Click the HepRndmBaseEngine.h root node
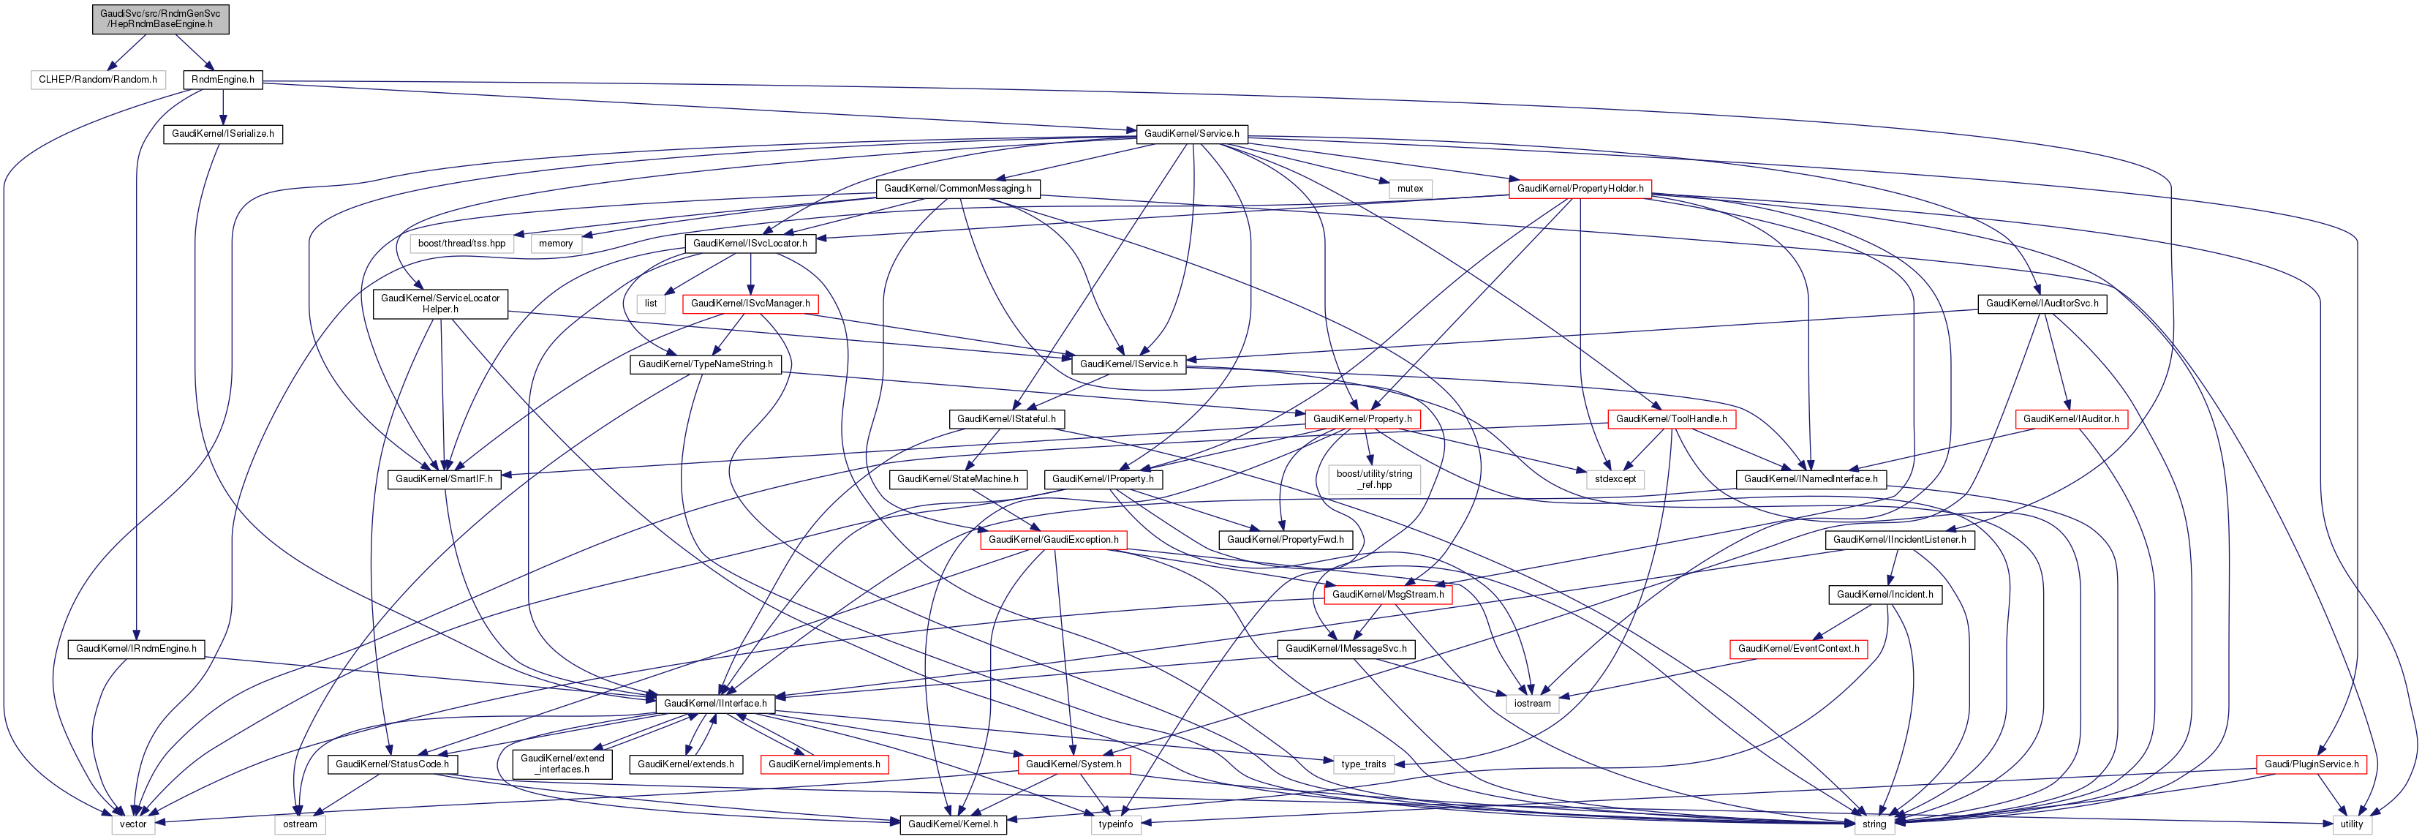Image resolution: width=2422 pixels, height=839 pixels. pyautogui.click(x=161, y=19)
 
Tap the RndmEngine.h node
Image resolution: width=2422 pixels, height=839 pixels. pyautogui.click(x=223, y=80)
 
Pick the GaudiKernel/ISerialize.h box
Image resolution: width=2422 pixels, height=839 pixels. pyautogui.click(x=223, y=135)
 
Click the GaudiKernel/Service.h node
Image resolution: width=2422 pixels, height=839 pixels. pyautogui.click(x=1191, y=135)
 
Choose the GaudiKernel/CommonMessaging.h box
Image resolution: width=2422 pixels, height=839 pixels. pyautogui.click(x=957, y=189)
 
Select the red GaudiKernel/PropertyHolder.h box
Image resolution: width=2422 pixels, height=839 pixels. pyautogui.click(x=1580, y=189)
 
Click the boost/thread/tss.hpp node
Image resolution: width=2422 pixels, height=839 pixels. pyautogui.click(x=461, y=244)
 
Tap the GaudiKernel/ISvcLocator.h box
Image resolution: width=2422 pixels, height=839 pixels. pyautogui.click(x=750, y=244)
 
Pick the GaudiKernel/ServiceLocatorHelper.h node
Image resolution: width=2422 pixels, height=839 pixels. pyautogui.click(x=440, y=304)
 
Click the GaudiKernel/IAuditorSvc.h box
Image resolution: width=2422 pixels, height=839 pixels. pyautogui.click(x=2042, y=304)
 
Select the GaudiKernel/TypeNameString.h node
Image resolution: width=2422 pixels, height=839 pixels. pyautogui.click(x=705, y=364)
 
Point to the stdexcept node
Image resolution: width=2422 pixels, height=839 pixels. pyautogui.click(x=1615, y=480)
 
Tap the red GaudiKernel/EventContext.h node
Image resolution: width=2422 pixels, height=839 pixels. pyautogui.click(x=1797, y=649)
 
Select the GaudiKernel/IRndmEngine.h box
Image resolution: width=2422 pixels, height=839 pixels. pyautogui.click(x=136, y=649)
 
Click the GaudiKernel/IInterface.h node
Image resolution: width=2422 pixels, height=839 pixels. pyautogui.click(x=715, y=704)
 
